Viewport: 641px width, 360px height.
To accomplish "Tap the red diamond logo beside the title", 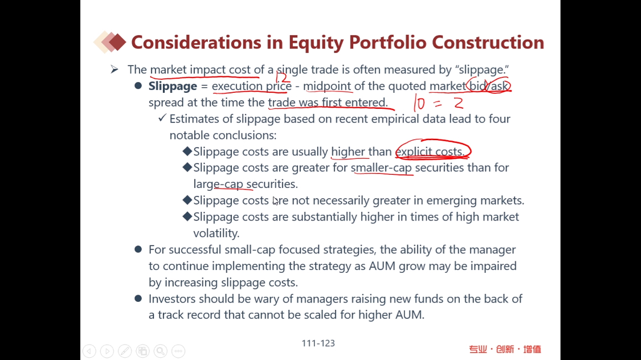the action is [110, 42].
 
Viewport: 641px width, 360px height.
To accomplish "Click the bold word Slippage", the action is [173, 86].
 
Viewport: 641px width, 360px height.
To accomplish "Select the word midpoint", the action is [327, 86].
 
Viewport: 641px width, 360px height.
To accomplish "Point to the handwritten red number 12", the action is [283, 76].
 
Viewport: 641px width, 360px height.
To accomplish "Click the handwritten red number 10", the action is [419, 103].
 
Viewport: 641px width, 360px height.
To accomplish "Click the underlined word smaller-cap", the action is [381, 167].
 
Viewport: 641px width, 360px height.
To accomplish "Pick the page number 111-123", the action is [318, 343].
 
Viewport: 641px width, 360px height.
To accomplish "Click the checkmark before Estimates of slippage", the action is [162, 118].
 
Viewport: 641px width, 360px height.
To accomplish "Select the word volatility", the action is [217, 234].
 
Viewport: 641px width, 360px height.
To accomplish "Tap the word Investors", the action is [171, 298].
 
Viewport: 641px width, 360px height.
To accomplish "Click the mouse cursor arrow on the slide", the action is [276, 201].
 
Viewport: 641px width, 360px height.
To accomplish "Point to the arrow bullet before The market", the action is [115, 69].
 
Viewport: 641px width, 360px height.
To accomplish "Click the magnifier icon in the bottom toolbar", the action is [160, 351].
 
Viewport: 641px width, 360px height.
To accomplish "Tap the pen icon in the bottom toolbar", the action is [125, 351].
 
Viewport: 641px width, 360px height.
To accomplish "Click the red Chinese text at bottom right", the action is [505, 349].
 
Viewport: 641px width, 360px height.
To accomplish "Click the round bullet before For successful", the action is [138, 249].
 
